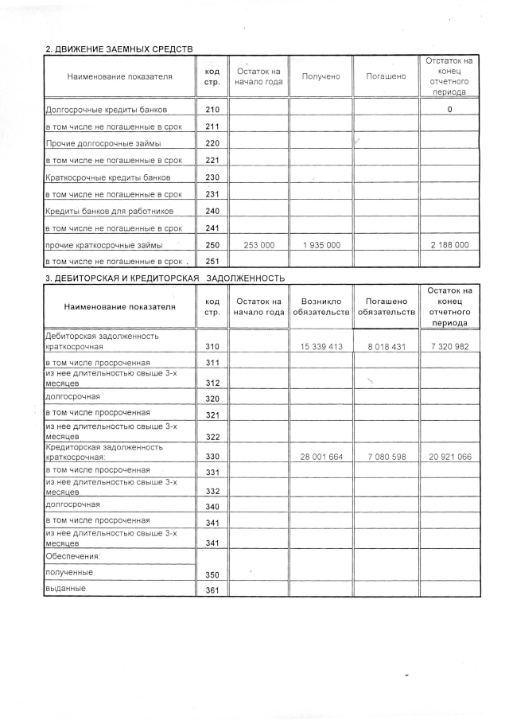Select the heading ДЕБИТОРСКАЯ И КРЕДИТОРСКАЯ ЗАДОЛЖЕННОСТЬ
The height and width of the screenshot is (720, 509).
(164, 278)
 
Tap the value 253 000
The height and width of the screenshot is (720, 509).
(258, 245)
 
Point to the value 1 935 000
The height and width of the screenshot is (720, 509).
(321, 245)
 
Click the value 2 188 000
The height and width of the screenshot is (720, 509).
(449, 245)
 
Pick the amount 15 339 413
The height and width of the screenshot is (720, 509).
(321, 347)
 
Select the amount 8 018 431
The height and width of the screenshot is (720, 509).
(386, 347)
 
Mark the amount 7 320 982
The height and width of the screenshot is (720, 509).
(449, 347)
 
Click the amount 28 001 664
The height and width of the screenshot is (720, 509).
(321, 457)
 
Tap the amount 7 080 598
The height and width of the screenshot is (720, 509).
(386, 457)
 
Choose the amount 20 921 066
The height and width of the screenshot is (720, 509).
(449, 457)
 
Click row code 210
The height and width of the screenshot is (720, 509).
(212, 109)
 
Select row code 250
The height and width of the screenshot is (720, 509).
(212, 245)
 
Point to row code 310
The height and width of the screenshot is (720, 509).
(212, 347)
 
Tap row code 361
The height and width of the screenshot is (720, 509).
(212, 590)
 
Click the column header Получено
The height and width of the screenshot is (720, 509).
(321, 76)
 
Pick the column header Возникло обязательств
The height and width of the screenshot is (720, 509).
(321, 306)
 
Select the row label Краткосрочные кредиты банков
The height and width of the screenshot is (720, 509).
(108, 177)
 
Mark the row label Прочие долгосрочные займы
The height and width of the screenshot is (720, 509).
(104, 143)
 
